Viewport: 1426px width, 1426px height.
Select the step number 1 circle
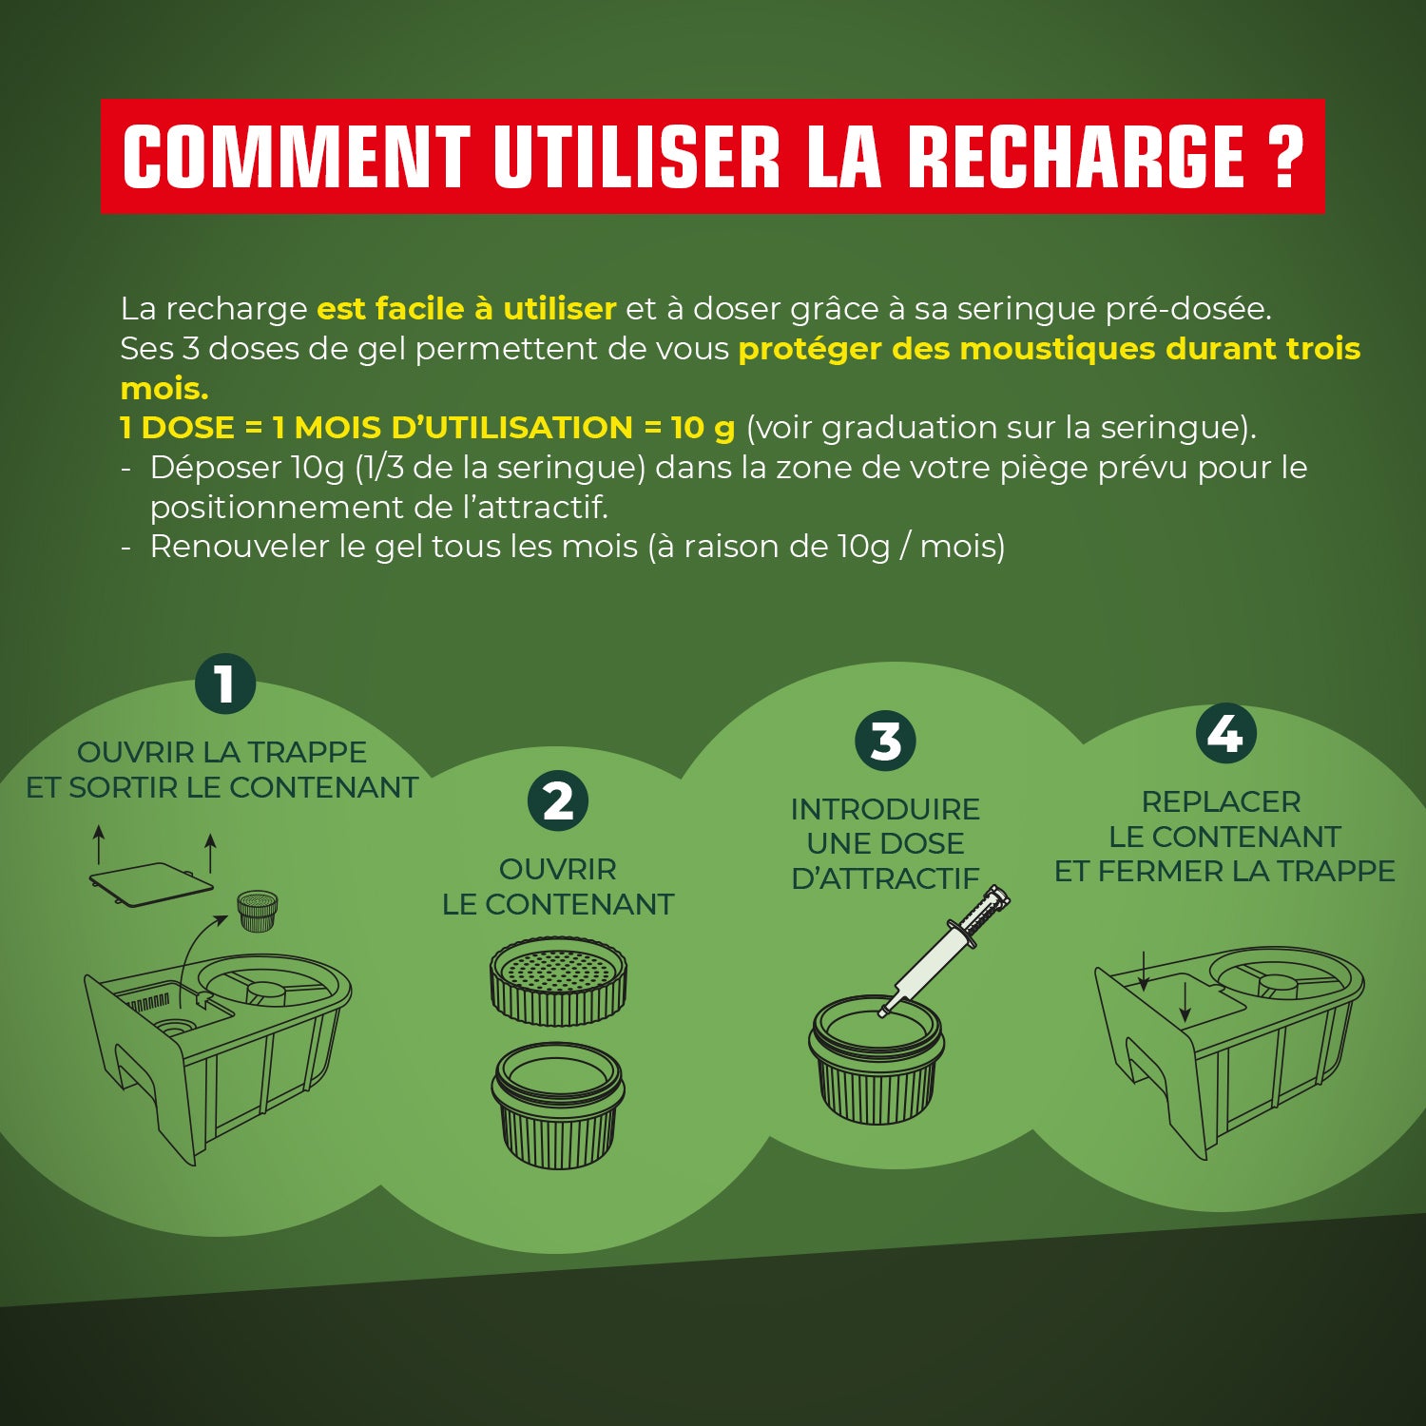point(225,684)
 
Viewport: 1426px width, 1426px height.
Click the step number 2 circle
point(558,800)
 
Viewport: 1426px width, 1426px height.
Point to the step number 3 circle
point(885,742)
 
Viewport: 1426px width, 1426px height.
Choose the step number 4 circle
point(1225,734)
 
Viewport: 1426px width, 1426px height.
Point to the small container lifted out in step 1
point(257,910)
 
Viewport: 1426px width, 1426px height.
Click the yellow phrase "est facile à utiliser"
point(466,309)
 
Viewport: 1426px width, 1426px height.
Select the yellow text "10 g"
point(703,428)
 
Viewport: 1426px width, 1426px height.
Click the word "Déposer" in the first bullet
point(216,468)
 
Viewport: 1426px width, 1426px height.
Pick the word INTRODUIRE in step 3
point(885,809)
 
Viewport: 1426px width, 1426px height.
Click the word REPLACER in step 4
point(1221,801)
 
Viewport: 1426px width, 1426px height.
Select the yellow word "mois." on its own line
point(164,389)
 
